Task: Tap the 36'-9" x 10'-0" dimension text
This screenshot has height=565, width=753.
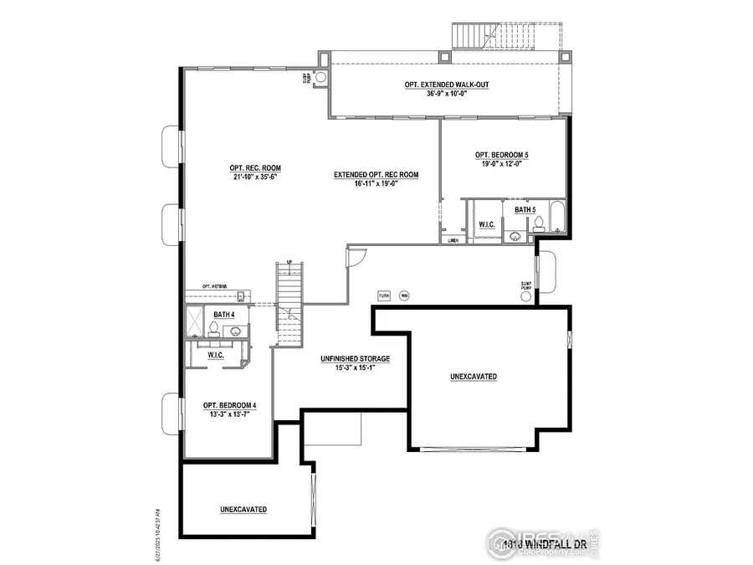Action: click(446, 95)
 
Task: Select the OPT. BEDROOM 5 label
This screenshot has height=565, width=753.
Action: click(502, 155)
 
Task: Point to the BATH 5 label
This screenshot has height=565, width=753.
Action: click(525, 209)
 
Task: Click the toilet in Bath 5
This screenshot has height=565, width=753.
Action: click(540, 223)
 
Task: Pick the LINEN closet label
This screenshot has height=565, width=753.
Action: click(454, 240)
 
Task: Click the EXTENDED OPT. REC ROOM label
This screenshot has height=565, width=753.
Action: click(376, 174)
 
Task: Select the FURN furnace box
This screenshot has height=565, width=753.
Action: click(384, 295)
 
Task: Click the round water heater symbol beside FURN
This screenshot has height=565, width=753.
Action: click(404, 295)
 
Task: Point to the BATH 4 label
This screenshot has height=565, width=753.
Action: click(223, 314)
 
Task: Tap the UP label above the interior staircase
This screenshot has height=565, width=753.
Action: click(289, 262)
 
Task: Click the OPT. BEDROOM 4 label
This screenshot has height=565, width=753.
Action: click(230, 405)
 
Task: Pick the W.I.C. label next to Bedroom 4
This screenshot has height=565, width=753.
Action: click(216, 356)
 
